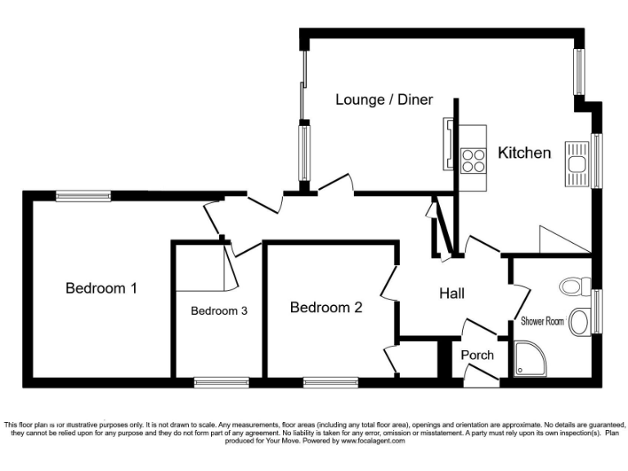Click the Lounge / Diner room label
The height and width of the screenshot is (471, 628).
(384, 100)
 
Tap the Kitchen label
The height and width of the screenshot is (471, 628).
(524, 153)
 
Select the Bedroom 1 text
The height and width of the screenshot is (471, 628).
(101, 288)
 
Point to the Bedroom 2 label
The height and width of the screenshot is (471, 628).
(325, 307)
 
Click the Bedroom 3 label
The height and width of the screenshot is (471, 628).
(219, 311)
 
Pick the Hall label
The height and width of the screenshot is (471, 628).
(453, 293)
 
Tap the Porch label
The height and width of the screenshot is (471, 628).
(477, 355)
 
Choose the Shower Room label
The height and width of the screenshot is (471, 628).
(543, 321)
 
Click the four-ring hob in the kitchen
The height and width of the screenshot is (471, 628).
(473, 159)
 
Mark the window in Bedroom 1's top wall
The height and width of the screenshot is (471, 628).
(83, 195)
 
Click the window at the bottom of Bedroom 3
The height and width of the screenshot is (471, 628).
(222, 381)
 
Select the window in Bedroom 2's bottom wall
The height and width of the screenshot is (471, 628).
(330, 381)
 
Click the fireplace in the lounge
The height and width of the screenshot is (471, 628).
(449, 144)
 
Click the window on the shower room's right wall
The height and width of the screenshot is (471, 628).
(597, 311)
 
